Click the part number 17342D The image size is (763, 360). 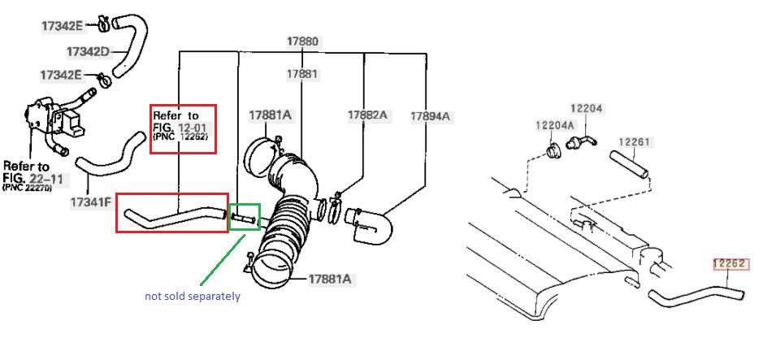tap(87, 51)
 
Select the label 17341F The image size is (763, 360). tap(91, 201)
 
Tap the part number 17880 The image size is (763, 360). tap(302, 41)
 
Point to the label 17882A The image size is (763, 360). tap(367, 115)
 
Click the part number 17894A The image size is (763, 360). tap(430, 116)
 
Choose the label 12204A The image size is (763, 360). tap(555, 125)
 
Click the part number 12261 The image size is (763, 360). tap(634, 142)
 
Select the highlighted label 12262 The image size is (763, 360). tap(729, 263)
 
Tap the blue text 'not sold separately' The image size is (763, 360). tap(193, 296)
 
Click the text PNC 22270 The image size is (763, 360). tap(28, 187)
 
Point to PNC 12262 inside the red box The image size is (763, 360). tap(180, 137)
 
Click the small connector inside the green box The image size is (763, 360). tap(243, 218)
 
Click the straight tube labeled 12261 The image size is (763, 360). tap(630, 166)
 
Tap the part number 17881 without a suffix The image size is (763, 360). tap(302, 74)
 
